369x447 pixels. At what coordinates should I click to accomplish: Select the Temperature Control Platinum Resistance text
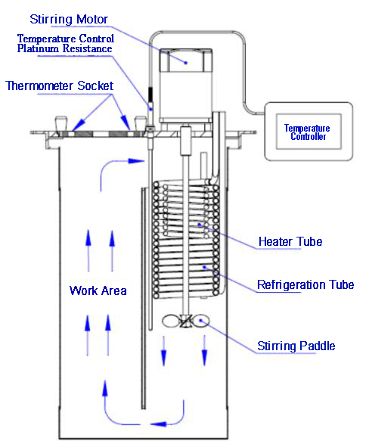(x=65, y=44)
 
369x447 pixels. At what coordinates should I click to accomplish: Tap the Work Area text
(x=98, y=290)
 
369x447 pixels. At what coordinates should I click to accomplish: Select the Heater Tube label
(x=290, y=242)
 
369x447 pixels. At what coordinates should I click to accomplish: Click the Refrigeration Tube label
(x=305, y=285)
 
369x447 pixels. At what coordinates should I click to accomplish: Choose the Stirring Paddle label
(x=296, y=346)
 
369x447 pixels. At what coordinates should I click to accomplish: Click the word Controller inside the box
(x=306, y=137)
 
